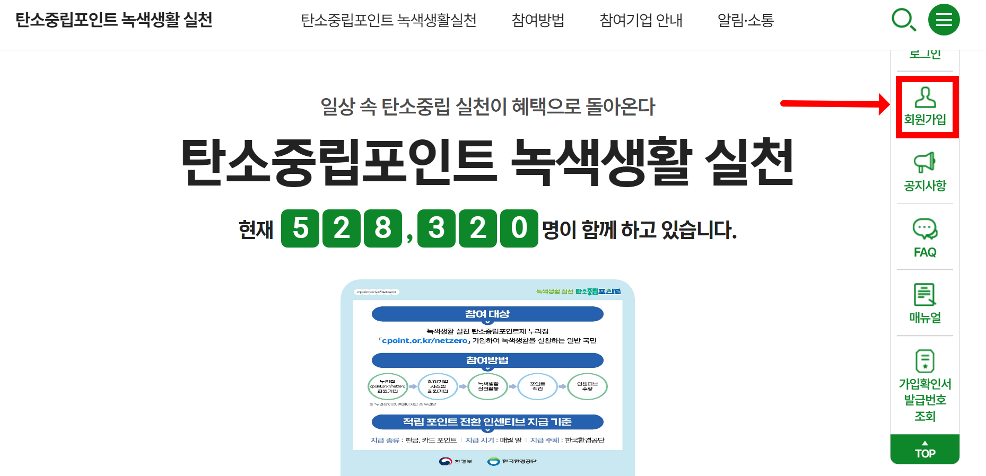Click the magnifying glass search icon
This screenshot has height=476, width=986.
point(903,20)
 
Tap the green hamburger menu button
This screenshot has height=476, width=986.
point(944,20)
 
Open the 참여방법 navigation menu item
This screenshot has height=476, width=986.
point(538,20)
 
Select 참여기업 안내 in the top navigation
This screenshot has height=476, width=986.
point(641,20)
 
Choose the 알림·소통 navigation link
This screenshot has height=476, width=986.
point(745,20)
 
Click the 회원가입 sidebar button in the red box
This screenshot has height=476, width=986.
point(925,107)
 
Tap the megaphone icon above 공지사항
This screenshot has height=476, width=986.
point(924,162)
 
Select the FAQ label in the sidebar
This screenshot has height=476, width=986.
point(925,252)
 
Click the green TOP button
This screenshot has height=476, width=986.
point(925,449)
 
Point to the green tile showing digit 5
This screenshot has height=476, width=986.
point(300,228)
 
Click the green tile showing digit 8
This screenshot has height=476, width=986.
point(383,228)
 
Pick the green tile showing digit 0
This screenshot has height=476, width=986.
point(519,228)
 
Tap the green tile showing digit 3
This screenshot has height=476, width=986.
point(437,228)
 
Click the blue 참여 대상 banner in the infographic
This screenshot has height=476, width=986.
point(487,314)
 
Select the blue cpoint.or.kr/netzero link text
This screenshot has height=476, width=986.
point(425,341)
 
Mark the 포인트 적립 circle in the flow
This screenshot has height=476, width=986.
point(537,386)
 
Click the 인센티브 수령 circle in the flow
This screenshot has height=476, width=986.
point(587,386)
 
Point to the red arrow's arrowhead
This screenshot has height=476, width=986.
point(884,104)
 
